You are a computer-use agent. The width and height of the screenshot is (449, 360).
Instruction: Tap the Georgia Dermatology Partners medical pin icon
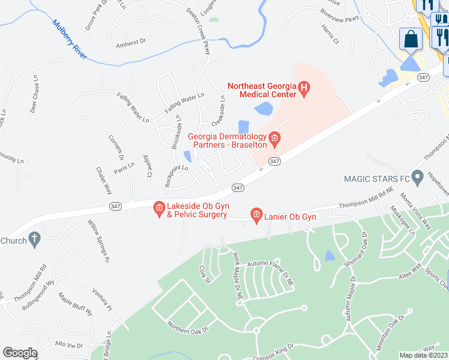[274, 140]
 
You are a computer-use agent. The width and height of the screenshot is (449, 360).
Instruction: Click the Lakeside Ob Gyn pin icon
[159, 209]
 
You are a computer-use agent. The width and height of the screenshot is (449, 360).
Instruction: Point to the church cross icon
[35, 241]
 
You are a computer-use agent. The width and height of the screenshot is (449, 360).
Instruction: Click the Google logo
[20, 353]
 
